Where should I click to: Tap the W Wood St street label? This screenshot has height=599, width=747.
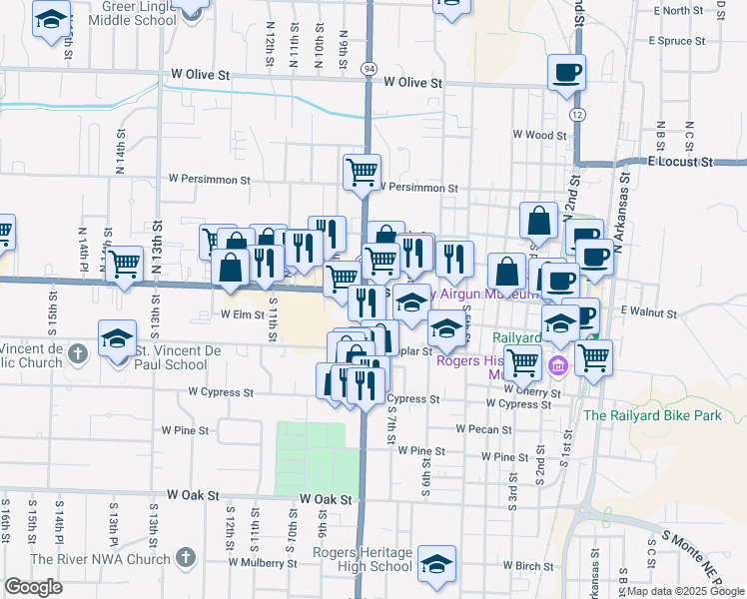(x=539, y=135)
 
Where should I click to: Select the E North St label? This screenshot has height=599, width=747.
(x=682, y=11)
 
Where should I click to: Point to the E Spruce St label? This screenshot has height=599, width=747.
(x=676, y=42)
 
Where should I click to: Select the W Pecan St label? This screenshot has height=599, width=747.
(x=483, y=429)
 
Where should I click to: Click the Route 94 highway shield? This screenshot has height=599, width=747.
(x=370, y=68)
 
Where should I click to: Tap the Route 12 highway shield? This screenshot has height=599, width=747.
(x=577, y=116)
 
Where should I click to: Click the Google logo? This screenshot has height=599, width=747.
(x=33, y=586)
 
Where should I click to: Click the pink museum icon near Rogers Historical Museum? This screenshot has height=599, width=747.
(x=557, y=366)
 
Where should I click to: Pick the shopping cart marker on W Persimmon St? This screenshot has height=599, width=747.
(x=362, y=171)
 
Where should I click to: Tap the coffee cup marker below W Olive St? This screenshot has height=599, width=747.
(x=566, y=73)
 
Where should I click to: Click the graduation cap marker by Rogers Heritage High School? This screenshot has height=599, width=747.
(x=436, y=565)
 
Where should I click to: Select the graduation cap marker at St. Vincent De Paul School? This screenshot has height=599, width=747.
(x=118, y=337)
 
